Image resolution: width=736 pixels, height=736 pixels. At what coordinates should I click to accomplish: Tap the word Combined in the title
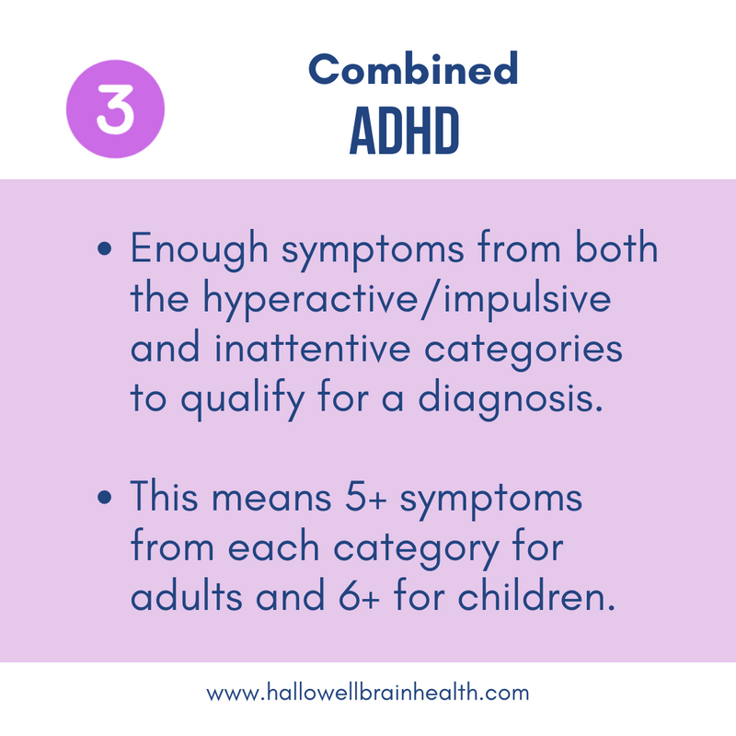[413, 69]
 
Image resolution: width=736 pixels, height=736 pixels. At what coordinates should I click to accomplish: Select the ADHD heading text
[405, 134]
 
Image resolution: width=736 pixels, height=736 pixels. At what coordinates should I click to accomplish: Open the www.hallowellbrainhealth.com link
[368, 693]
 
